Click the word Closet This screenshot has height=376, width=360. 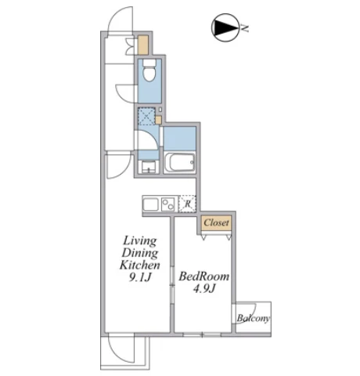click(216, 222)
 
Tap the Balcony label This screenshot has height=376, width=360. click(253, 318)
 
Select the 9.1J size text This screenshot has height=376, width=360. click(140, 277)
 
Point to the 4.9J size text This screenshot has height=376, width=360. click(204, 288)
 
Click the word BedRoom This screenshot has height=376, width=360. click(203, 277)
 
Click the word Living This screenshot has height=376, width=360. click(140, 240)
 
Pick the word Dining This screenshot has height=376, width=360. click(140, 253)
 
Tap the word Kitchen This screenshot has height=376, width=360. click(140, 265)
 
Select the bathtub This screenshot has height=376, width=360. click(180, 163)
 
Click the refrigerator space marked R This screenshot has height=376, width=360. click(187, 204)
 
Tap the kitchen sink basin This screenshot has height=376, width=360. click(150, 204)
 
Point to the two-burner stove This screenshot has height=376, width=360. click(168, 204)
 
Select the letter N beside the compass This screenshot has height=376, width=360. click(244, 27)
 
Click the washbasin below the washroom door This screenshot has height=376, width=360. click(149, 167)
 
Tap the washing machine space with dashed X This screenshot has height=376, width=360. click(146, 116)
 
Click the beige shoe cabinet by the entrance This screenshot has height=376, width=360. click(143, 45)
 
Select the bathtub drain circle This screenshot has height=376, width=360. click(192, 162)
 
